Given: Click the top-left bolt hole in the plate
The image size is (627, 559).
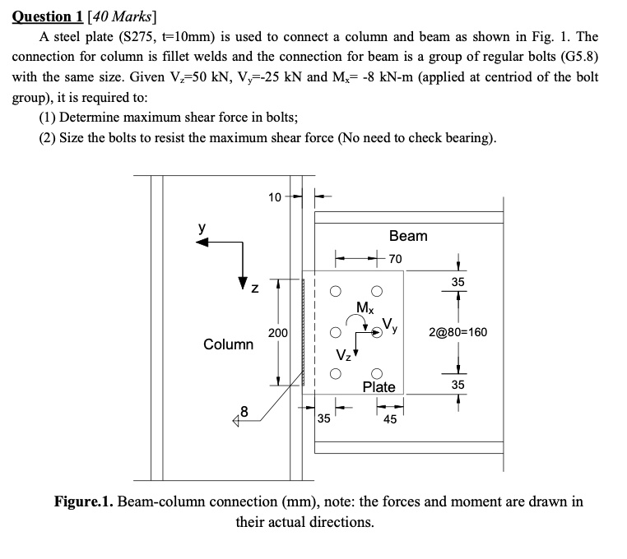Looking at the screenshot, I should (336, 290).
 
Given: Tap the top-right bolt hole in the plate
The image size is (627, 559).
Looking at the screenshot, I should (378, 290).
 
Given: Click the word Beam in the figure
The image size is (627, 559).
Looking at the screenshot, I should (408, 236).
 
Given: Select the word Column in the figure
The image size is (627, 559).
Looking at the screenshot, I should (229, 344).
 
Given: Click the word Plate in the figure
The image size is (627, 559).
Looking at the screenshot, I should (379, 386).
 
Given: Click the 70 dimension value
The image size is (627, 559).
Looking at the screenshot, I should (396, 258).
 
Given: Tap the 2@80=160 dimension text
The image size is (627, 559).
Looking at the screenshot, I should (458, 333).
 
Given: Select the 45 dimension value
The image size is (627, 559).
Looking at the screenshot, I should (390, 418).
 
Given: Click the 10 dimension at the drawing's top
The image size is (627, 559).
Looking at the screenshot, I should (275, 196).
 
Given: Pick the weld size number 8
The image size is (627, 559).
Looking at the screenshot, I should (243, 411).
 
